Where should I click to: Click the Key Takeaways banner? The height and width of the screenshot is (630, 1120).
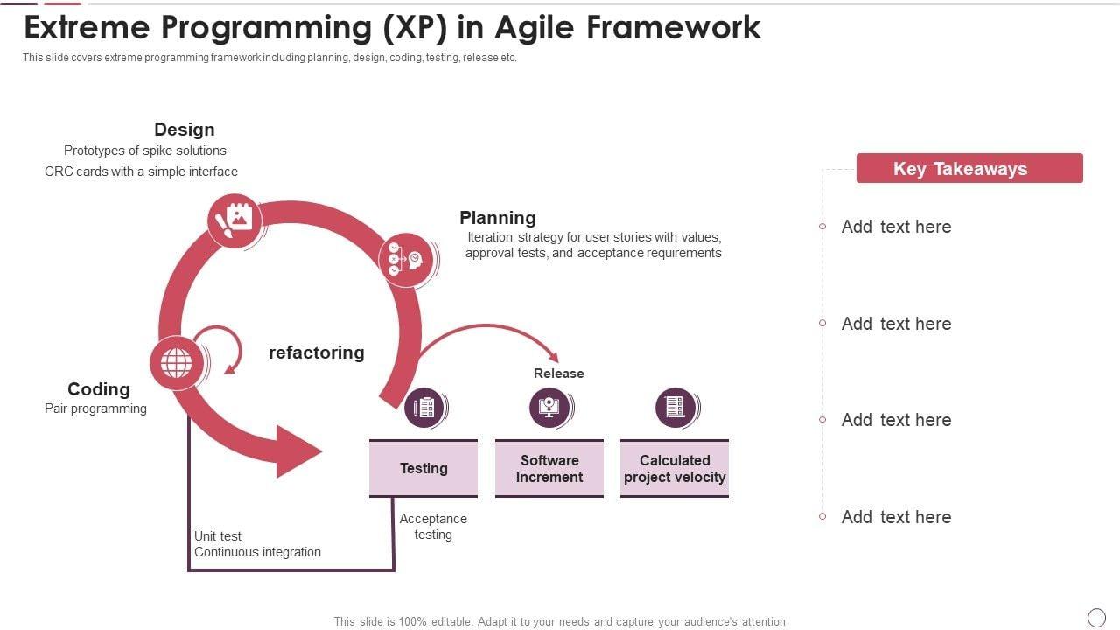[969, 168]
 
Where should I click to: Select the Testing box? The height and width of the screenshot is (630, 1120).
[423, 468]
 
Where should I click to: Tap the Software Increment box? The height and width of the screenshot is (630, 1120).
[549, 468]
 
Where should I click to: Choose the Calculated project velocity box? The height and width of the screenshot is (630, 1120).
[675, 468]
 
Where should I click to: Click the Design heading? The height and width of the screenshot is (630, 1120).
[184, 129]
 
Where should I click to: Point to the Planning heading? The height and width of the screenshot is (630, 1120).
[497, 218]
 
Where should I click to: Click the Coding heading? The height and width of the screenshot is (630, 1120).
[98, 389]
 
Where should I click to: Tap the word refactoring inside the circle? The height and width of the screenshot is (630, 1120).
[316, 353]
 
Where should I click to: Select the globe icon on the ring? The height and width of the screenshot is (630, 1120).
[177, 362]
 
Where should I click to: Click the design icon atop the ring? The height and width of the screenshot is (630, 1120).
[234, 220]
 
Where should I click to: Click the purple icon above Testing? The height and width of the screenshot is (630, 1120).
[424, 408]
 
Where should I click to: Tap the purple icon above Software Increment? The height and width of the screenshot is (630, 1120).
[549, 408]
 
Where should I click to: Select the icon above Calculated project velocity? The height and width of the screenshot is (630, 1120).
[675, 408]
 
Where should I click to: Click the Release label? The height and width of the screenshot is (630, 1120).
[558, 374]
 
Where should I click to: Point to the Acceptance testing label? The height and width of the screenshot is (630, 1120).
[433, 527]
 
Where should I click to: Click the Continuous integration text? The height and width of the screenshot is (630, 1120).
[257, 552]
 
